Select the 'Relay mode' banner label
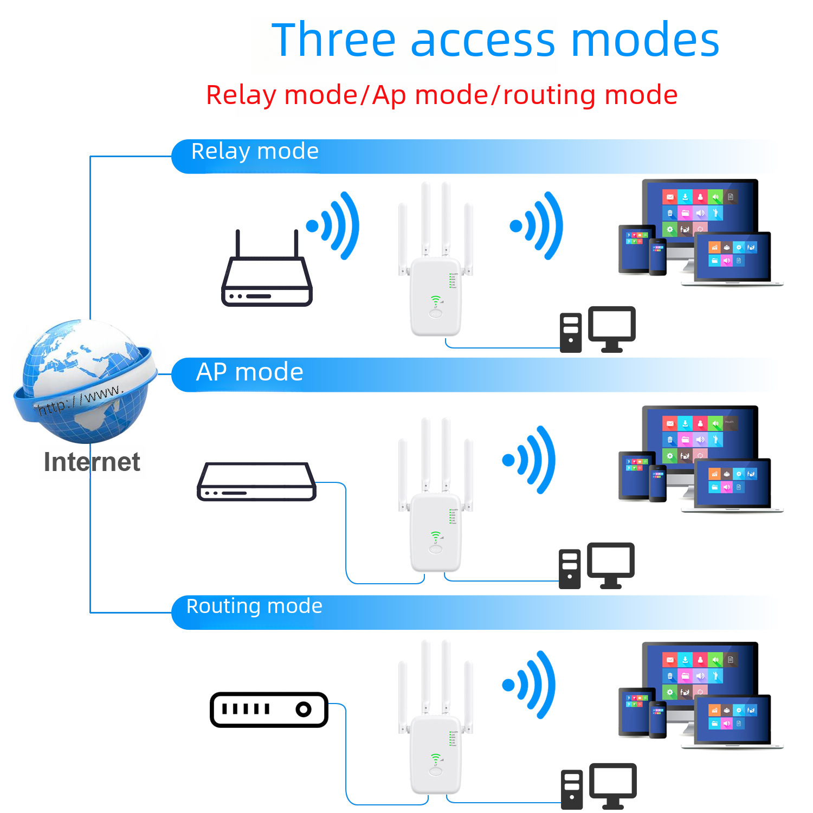[255, 151]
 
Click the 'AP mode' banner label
[249, 372]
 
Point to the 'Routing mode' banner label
[254, 606]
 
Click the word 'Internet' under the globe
[92, 462]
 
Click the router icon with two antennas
[267, 274]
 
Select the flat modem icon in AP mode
[256, 482]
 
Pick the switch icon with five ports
[269, 709]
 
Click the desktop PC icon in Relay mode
[597, 330]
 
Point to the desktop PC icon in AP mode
[596, 566]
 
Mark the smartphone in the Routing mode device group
[657, 719]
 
